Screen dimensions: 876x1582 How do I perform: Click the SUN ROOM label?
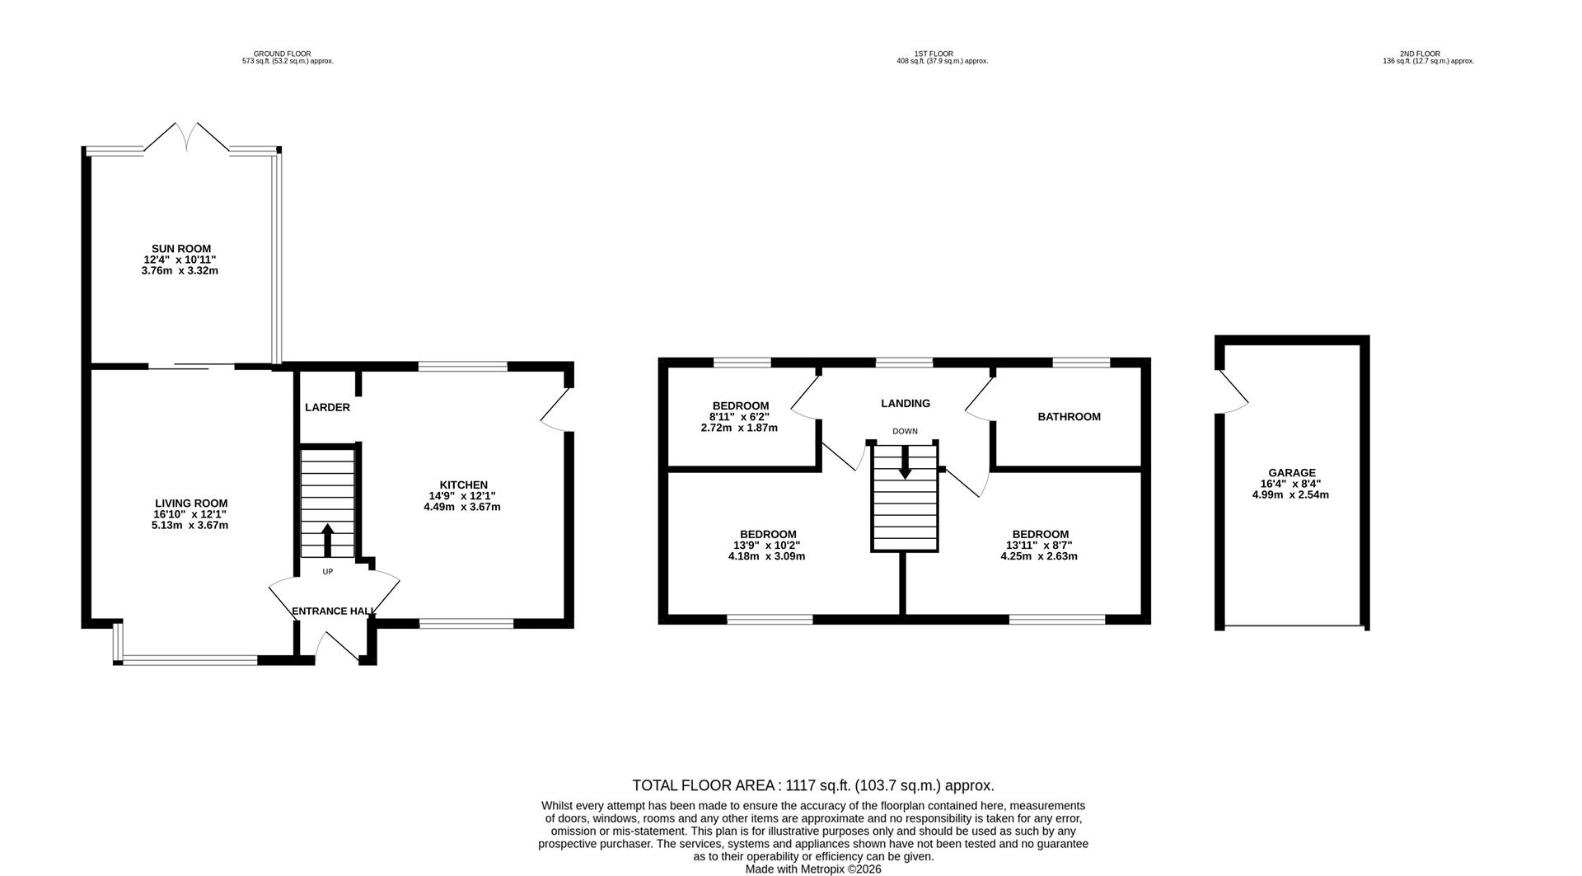tap(180, 248)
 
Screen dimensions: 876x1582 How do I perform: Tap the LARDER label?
tap(327, 407)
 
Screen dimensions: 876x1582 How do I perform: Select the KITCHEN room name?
tap(463, 485)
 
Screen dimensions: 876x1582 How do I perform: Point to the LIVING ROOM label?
tap(191, 503)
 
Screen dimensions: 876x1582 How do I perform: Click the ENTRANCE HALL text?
tap(334, 611)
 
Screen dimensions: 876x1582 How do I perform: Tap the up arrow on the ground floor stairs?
tap(327, 539)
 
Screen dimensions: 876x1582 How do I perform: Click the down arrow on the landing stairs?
tap(905, 462)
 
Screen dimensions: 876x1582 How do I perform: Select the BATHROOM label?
tap(1069, 417)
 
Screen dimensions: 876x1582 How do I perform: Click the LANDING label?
tap(905, 403)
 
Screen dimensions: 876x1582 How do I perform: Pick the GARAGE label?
tap(1292, 473)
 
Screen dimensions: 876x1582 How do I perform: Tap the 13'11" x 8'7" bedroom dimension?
tap(1039, 545)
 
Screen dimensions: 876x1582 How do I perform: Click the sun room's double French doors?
tap(190, 137)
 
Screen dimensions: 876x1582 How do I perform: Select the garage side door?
tap(1233, 391)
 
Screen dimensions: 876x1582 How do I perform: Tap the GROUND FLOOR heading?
tap(282, 54)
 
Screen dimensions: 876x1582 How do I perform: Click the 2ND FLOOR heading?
tap(1420, 54)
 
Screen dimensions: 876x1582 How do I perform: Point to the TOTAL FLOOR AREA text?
tap(812, 785)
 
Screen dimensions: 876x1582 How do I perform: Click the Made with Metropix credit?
tap(812, 869)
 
